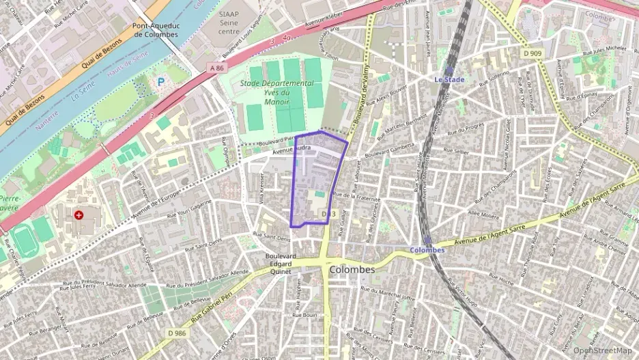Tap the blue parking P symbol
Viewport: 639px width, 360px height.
pos(161,81)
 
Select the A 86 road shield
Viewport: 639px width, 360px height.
pos(217,68)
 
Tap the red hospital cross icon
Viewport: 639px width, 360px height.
pos(80,214)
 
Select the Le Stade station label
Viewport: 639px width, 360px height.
pos(449,80)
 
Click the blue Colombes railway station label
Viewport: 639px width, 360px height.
pos(427,250)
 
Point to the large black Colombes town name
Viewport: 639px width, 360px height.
pos(352,270)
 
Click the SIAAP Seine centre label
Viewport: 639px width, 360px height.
pos(229,22)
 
